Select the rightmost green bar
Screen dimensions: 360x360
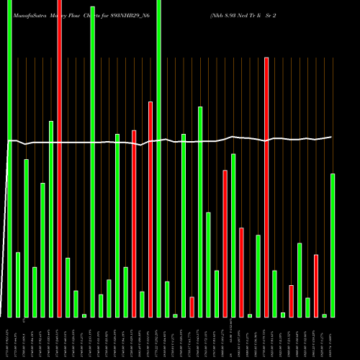[x=333, y=245]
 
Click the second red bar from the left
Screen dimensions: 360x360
[x=134, y=223]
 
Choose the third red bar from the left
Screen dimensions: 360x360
[x=150, y=209]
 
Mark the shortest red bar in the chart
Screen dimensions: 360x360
[x=192, y=307]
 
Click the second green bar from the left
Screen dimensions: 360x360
[x=18, y=284]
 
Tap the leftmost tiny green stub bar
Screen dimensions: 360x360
[x=84, y=315]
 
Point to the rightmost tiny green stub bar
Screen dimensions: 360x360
[x=324, y=315]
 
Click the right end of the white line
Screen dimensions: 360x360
[x=332, y=137]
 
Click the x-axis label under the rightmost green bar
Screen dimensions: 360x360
[x=333, y=338]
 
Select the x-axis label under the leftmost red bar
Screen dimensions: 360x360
[x=59, y=338]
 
